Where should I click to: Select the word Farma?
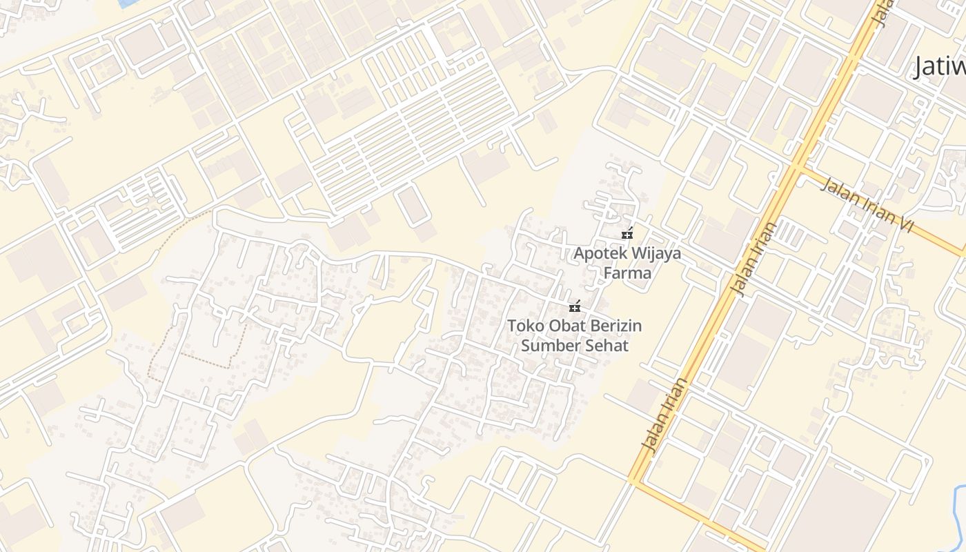[x=627, y=273]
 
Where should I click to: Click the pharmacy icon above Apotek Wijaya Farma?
[x=627, y=234]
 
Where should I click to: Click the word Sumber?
[x=549, y=345]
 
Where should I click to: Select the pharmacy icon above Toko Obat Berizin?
[x=574, y=306]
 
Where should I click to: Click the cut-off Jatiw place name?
[x=940, y=68]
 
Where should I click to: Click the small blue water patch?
[x=128, y=3]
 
